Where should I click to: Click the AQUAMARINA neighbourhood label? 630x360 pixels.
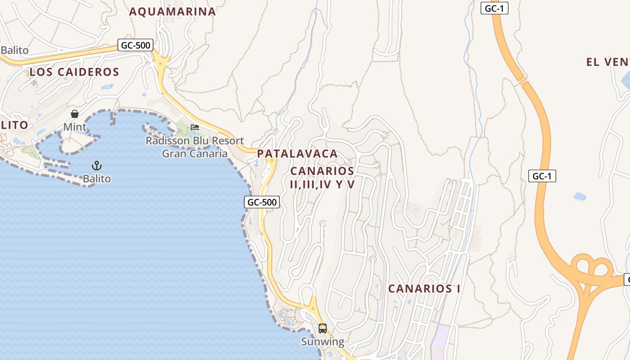(x=172, y=12)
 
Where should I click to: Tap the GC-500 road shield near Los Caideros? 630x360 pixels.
(x=135, y=45)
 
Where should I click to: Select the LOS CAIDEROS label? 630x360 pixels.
(x=74, y=72)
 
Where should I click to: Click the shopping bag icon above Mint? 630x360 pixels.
(x=75, y=114)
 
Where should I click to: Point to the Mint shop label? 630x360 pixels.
(x=75, y=127)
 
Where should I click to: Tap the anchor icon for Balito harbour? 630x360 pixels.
(x=96, y=166)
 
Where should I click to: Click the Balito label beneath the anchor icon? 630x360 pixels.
(x=97, y=179)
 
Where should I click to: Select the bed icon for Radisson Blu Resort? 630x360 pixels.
(x=195, y=127)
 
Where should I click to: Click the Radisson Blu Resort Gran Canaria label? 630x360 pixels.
(x=194, y=147)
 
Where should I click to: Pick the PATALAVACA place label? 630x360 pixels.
(x=297, y=153)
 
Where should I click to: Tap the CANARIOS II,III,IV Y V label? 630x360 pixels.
(x=322, y=178)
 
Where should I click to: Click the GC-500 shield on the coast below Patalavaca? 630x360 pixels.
(x=262, y=202)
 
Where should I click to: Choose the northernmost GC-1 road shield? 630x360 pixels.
(x=494, y=8)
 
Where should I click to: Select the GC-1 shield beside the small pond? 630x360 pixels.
(x=542, y=176)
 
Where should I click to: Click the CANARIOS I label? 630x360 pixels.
(x=424, y=289)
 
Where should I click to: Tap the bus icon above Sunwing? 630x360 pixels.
(x=323, y=328)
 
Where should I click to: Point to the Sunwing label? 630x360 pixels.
(x=323, y=342)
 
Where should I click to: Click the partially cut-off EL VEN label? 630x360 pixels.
(x=607, y=62)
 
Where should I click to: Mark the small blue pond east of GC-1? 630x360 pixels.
(x=580, y=197)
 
